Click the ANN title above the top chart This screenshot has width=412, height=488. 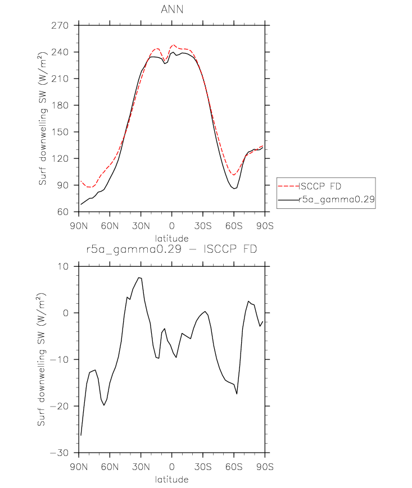[x=172, y=10]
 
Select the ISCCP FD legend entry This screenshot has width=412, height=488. [x=320, y=186]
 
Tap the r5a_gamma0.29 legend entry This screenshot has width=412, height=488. [x=337, y=199]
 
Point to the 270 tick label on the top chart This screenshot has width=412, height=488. [x=60, y=25]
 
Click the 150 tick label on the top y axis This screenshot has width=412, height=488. [x=60, y=132]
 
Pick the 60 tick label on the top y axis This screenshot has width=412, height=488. [x=62, y=212]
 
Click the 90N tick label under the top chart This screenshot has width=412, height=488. [x=79, y=226]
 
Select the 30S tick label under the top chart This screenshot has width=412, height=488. [x=203, y=226]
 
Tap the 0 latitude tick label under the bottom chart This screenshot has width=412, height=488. [x=172, y=467]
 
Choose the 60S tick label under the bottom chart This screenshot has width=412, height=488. [x=234, y=467]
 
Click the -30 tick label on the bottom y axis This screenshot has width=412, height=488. [x=59, y=453]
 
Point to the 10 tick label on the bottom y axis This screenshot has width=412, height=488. [x=62, y=266]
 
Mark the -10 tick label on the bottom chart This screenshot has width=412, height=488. [x=59, y=359]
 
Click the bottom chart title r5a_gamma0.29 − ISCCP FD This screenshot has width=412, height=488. [x=171, y=249]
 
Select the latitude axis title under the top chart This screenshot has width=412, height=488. [x=172, y=239]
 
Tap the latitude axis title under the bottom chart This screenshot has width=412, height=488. [x=172, y=479]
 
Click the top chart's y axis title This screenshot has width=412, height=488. [x=42, y=118]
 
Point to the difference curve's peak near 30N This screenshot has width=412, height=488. [x=139, y=277]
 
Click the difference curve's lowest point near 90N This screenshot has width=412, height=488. [x=81, y=435]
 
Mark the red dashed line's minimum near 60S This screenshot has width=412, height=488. [x=234, y=175]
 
